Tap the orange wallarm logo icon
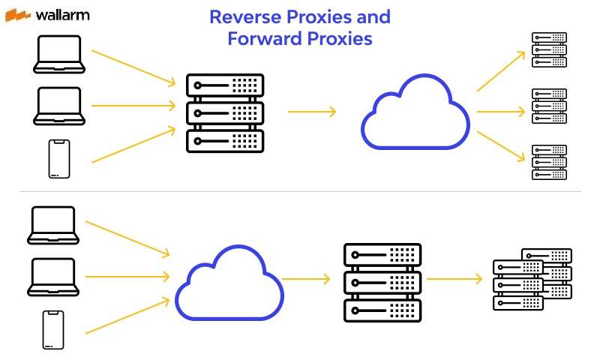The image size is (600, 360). pos(18,14)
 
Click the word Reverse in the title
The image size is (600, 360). pos(243,17)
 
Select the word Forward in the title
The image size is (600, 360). pos(261,39)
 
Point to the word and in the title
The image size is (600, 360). pos(373,17)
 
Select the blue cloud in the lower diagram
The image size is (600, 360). pos(229,282)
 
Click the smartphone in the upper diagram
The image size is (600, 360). pos(58,158)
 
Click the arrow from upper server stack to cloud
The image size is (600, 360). pos(311,112)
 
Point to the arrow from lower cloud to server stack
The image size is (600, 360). pos(306,279)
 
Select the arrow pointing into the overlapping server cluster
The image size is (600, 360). pos(454,279)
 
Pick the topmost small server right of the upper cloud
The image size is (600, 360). pos(548,49)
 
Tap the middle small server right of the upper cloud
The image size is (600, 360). pos(548,106)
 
